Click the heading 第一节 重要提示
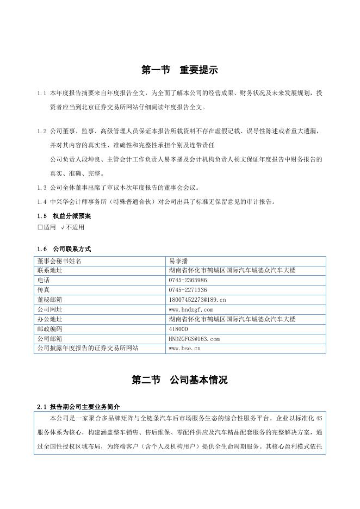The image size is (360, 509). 179,70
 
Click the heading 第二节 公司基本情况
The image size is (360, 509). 179,380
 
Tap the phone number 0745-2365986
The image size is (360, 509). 188,280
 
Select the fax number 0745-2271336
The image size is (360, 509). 188,290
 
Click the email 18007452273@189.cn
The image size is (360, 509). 197,300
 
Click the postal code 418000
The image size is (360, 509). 179,329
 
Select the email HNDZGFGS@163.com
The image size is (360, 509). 194,339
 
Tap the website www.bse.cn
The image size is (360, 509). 185,349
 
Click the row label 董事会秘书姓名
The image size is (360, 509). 59,260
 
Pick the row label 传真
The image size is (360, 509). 44,290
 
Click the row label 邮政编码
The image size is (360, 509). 49,329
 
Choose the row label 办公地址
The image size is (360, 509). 49,319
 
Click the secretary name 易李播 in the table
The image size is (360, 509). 178,260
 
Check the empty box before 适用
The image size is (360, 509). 40,227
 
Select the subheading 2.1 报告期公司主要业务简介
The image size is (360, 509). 78,406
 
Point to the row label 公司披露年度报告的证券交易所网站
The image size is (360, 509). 88,349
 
